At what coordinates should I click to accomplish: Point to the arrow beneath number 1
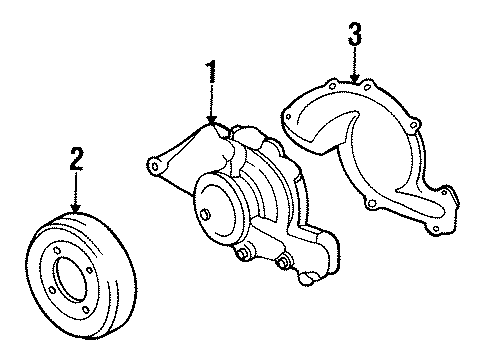pyautogui.click(x=212, y=110)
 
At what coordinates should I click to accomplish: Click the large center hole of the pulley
pyautogui.click(x=69, y=275)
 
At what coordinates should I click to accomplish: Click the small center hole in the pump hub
pyautogui.click(x=207, y=213)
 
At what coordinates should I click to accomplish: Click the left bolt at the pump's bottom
pyautogui.click(x=243, y=259)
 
